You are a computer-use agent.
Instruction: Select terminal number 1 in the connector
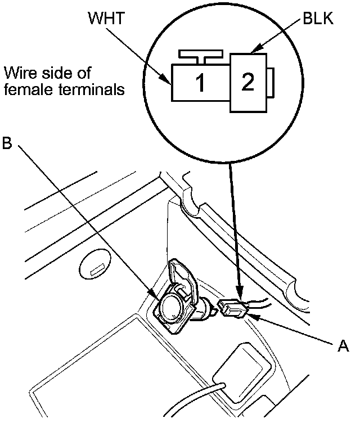pyautogui.click(x=200, y=83)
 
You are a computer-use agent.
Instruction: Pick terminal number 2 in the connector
pyautogui.click(x=247, y=82)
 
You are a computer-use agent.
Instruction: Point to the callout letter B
pyautogui.click(x=7, y=143)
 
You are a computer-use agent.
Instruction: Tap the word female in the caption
pyautogui.click(x=24, y=89)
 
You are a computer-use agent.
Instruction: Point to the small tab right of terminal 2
pyautogui.click(x=270, y=82)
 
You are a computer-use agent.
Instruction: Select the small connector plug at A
pyautogui.click(x=232, y=309)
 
